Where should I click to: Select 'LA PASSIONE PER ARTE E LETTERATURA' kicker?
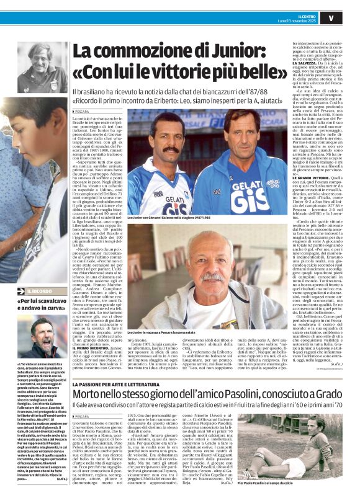118,367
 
